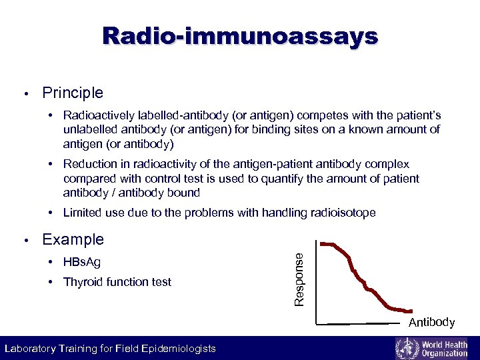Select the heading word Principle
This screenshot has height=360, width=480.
[x=73, y=93]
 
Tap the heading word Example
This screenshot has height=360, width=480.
[x=73, y=239]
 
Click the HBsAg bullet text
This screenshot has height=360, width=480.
[x=82, y=262]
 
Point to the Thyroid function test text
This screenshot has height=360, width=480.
[x=117, y=282]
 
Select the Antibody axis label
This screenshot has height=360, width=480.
[x=431, y=323]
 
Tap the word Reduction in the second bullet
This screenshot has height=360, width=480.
[x=90, y=164]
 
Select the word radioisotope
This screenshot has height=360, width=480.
[x=342, y=213]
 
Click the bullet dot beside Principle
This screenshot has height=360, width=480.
[x=25, y=93]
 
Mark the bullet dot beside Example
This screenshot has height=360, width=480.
[x=25, y=240]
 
